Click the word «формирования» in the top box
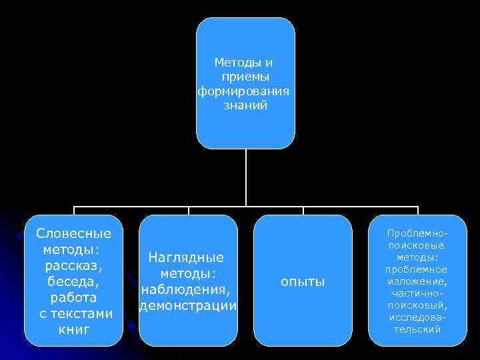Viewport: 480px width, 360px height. [245, 91]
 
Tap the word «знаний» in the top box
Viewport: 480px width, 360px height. [245, 105]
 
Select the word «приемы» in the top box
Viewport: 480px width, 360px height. [245, 77]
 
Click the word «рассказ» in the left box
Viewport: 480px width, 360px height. [73, 266]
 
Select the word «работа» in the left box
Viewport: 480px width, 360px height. [73, 297]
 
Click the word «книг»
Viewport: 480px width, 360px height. [73, 329]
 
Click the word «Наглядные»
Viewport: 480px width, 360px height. [186, 257]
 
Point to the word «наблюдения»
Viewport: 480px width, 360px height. [186, 290]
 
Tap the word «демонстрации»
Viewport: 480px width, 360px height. [187, 306]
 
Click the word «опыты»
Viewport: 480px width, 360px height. [303, 282]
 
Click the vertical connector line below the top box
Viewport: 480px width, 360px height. [245, 177]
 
